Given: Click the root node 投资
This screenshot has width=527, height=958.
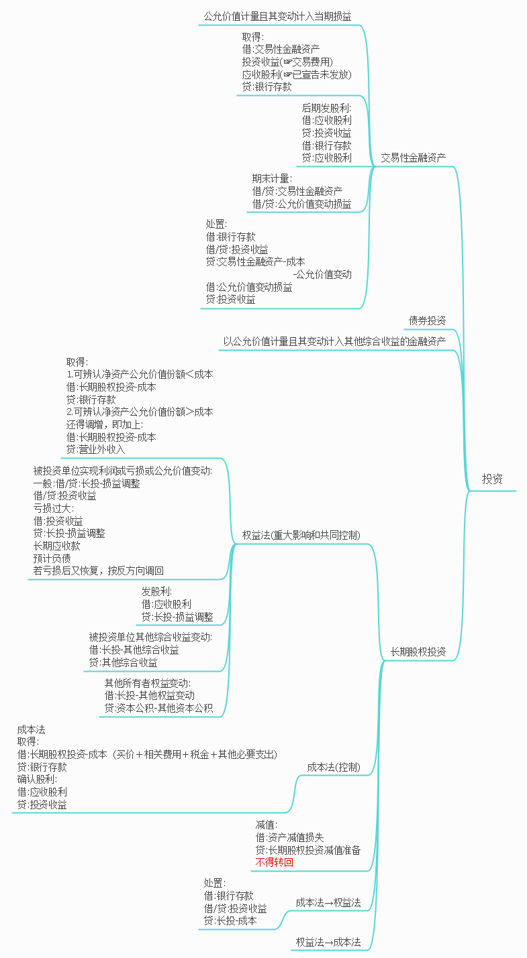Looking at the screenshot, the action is coord(492,479).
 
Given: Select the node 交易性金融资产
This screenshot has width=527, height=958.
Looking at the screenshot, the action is coord(414,158).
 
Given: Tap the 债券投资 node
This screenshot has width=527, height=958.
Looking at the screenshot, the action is coord(427,320).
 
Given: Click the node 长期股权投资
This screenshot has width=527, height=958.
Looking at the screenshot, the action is coord(418,652).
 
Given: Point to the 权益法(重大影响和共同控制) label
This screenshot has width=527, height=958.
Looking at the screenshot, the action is coord(301,535).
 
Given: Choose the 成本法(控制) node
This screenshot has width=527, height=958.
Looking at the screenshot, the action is coord(334,767).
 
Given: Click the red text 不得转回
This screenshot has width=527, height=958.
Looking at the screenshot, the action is coord(274,863).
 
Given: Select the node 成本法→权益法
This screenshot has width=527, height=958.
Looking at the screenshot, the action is coord(328,902).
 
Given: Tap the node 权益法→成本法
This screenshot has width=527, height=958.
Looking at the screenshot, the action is coord(328,942).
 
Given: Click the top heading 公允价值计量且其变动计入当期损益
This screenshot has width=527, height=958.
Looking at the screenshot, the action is coord(277,16).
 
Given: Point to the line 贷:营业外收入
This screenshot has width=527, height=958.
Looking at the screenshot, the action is coord(95,449).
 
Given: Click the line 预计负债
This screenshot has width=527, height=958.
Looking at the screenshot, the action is coord(52,558).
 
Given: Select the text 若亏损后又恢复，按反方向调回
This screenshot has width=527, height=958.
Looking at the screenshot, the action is coord(98,571).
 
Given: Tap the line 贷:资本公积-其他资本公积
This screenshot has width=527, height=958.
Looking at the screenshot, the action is coord(158,708).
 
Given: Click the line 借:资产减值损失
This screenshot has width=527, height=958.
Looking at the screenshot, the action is coord(289,837).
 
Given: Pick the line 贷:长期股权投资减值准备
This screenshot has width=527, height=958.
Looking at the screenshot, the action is coord(307,850).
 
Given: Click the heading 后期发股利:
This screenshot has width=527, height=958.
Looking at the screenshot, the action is coord(326,107).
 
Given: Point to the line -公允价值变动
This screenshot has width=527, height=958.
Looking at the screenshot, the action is coord(322,274).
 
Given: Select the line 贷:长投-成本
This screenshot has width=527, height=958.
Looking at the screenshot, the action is coord(230,920).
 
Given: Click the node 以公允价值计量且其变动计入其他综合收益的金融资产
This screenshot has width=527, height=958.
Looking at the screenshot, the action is coord(334,341).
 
